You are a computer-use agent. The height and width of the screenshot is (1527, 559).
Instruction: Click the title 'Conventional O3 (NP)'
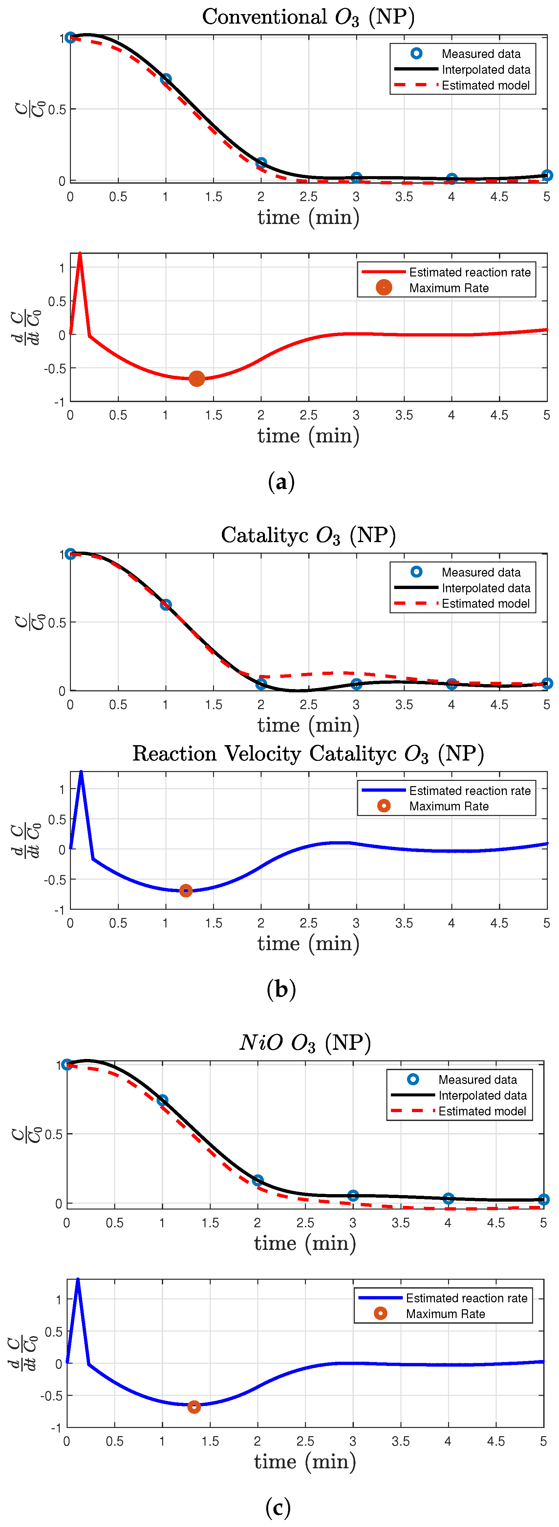point(308,17)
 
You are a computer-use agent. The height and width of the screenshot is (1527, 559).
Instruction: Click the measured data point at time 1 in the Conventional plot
point(165,79)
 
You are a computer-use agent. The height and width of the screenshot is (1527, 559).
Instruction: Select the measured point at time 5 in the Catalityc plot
point(547,683)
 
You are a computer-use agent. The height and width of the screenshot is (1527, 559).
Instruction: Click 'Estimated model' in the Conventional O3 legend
point(485,85)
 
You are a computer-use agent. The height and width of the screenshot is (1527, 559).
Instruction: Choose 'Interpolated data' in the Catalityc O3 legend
point(485,588)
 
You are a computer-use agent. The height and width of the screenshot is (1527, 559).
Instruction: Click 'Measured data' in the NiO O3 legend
point(477,1079)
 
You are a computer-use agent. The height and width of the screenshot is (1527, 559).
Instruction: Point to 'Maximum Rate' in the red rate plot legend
point(449,288)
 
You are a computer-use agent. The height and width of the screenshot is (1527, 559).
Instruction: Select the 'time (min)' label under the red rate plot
point(308,436)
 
